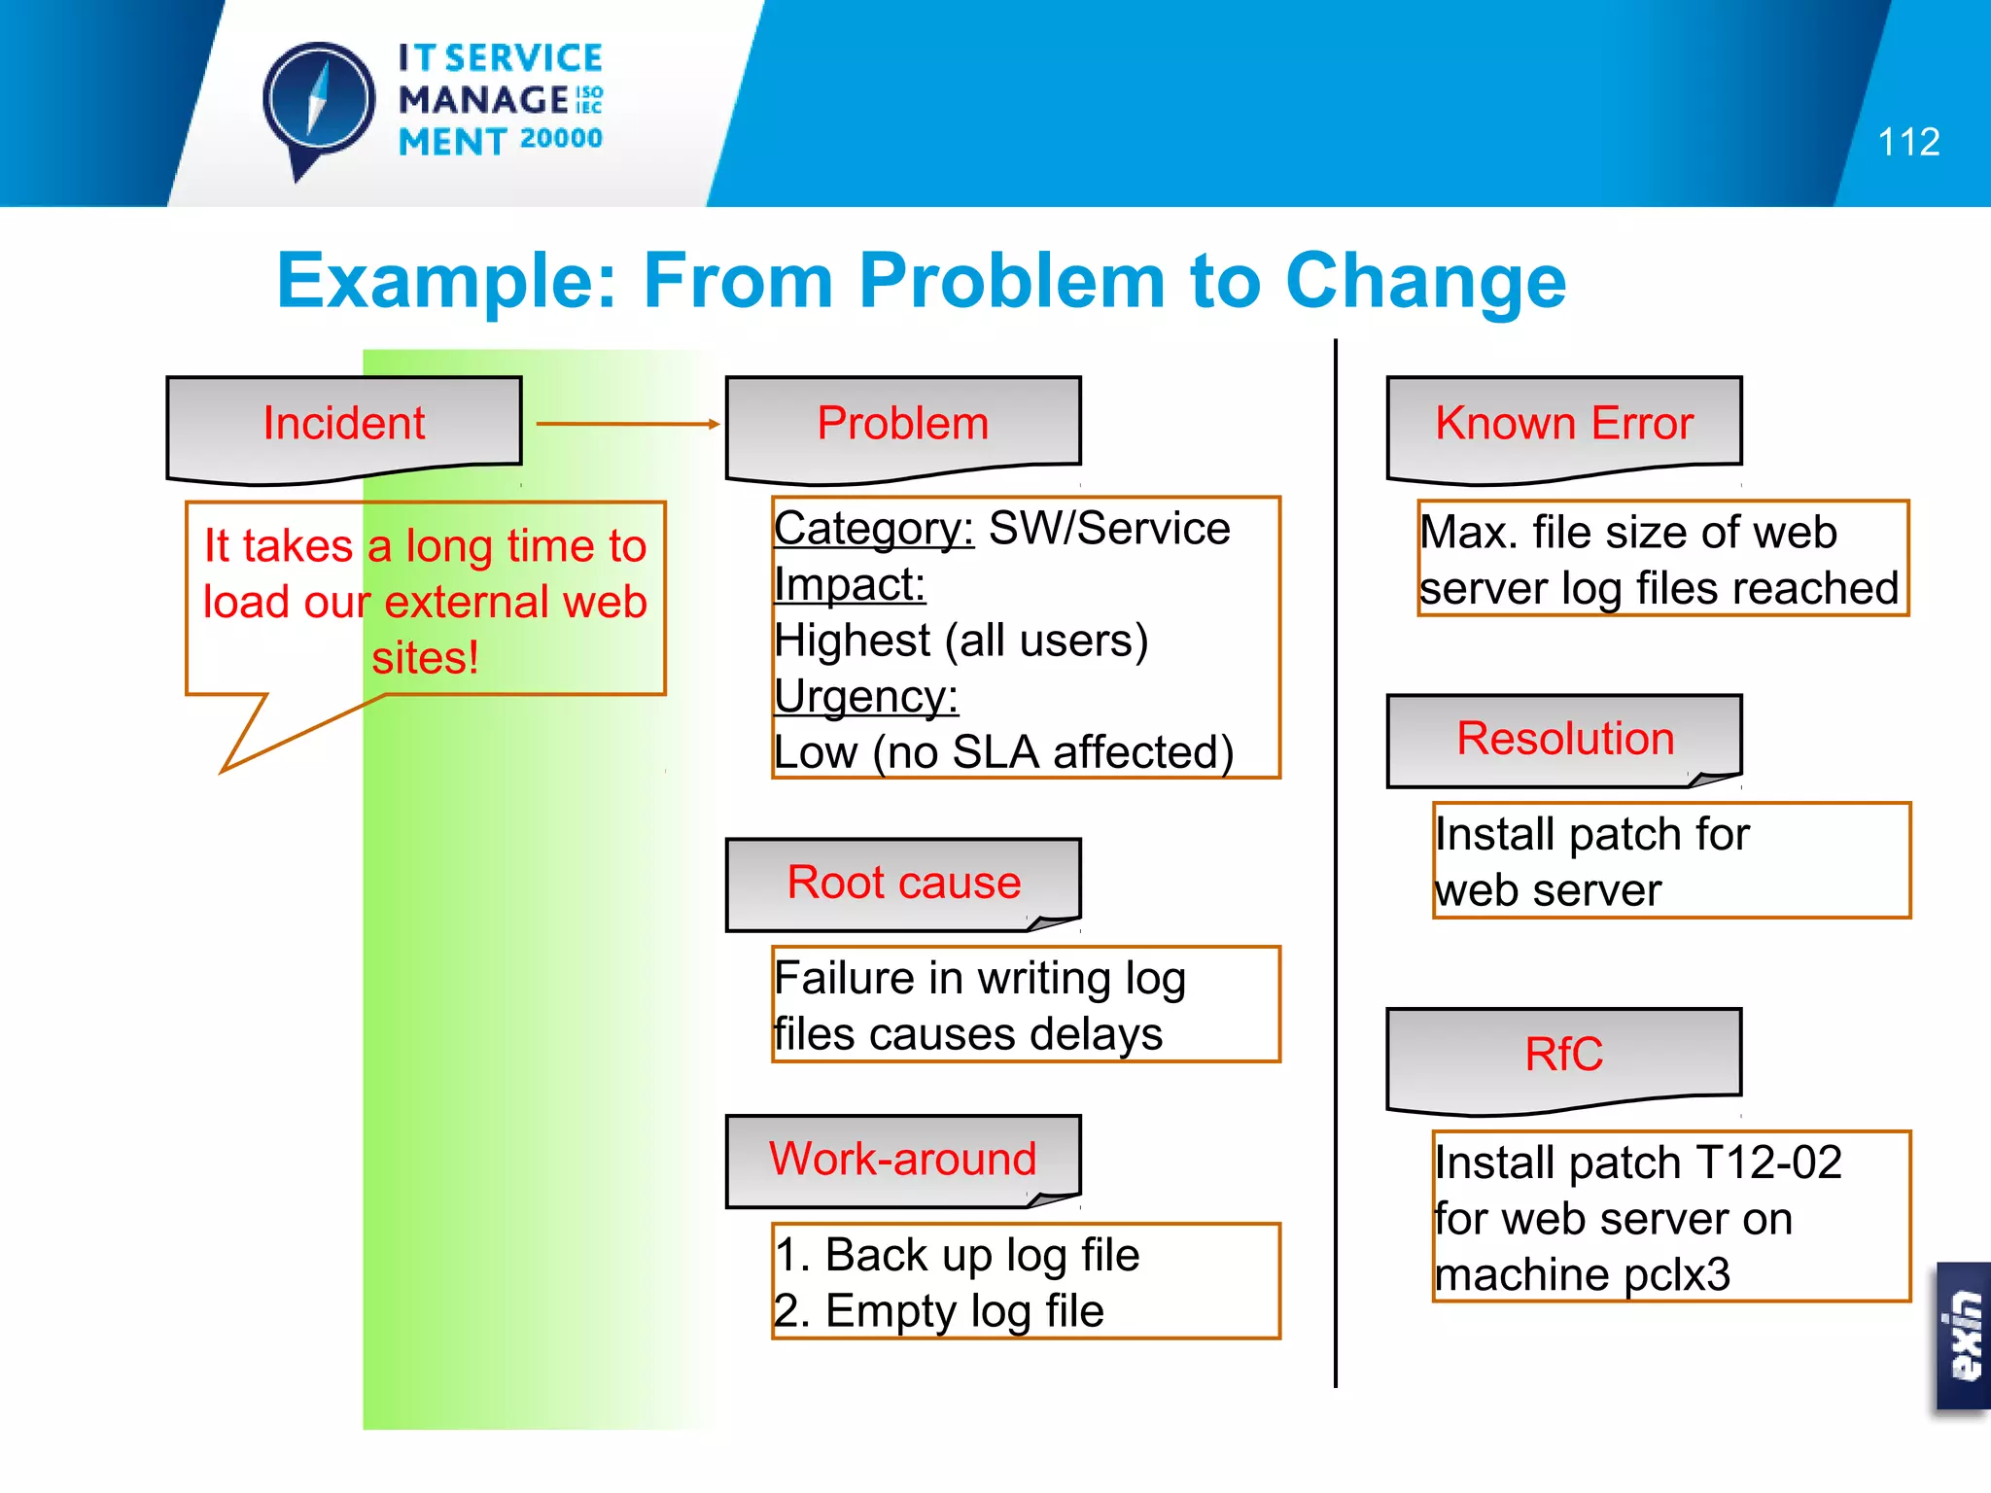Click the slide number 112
click(1907, 143)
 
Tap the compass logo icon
click(318, 103)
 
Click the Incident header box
click(344, 425)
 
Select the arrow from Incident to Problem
click(627, 424)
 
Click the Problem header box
click(903, 425)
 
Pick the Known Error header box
click(1564, 425)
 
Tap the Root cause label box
click(903, 883)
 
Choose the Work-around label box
click(903, 1160)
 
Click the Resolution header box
click(1564, 739)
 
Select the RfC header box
click(1564, 1055)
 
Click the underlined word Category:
click(873, 530)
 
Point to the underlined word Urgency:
click(866, 697)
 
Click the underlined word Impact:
click(850, 585)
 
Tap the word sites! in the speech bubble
click(425, 658)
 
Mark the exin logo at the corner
click(1964, 1336)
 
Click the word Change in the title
click(1425, 281)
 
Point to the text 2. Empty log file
click(939, 1311)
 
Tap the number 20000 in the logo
click(561, 139)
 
